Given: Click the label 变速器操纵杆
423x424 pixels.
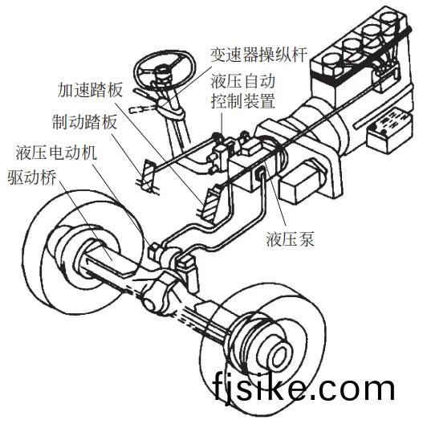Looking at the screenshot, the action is point(259,55).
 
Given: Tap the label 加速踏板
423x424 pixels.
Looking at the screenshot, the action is point(90,90).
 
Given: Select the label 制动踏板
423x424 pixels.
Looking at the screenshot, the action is point(85,122).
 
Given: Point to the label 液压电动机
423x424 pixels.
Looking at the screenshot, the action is point(56,153).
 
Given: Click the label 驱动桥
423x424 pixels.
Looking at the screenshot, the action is point(32,177).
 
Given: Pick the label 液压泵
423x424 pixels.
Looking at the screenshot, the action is point(291,239).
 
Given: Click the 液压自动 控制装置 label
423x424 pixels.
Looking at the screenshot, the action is point(242,92).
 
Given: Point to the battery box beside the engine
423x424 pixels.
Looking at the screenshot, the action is point(388,130).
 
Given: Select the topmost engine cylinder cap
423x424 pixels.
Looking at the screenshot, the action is point(391,20).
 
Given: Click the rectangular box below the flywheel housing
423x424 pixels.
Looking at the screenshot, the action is point(300,184).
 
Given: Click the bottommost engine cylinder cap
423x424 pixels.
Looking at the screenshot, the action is point(331,65).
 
